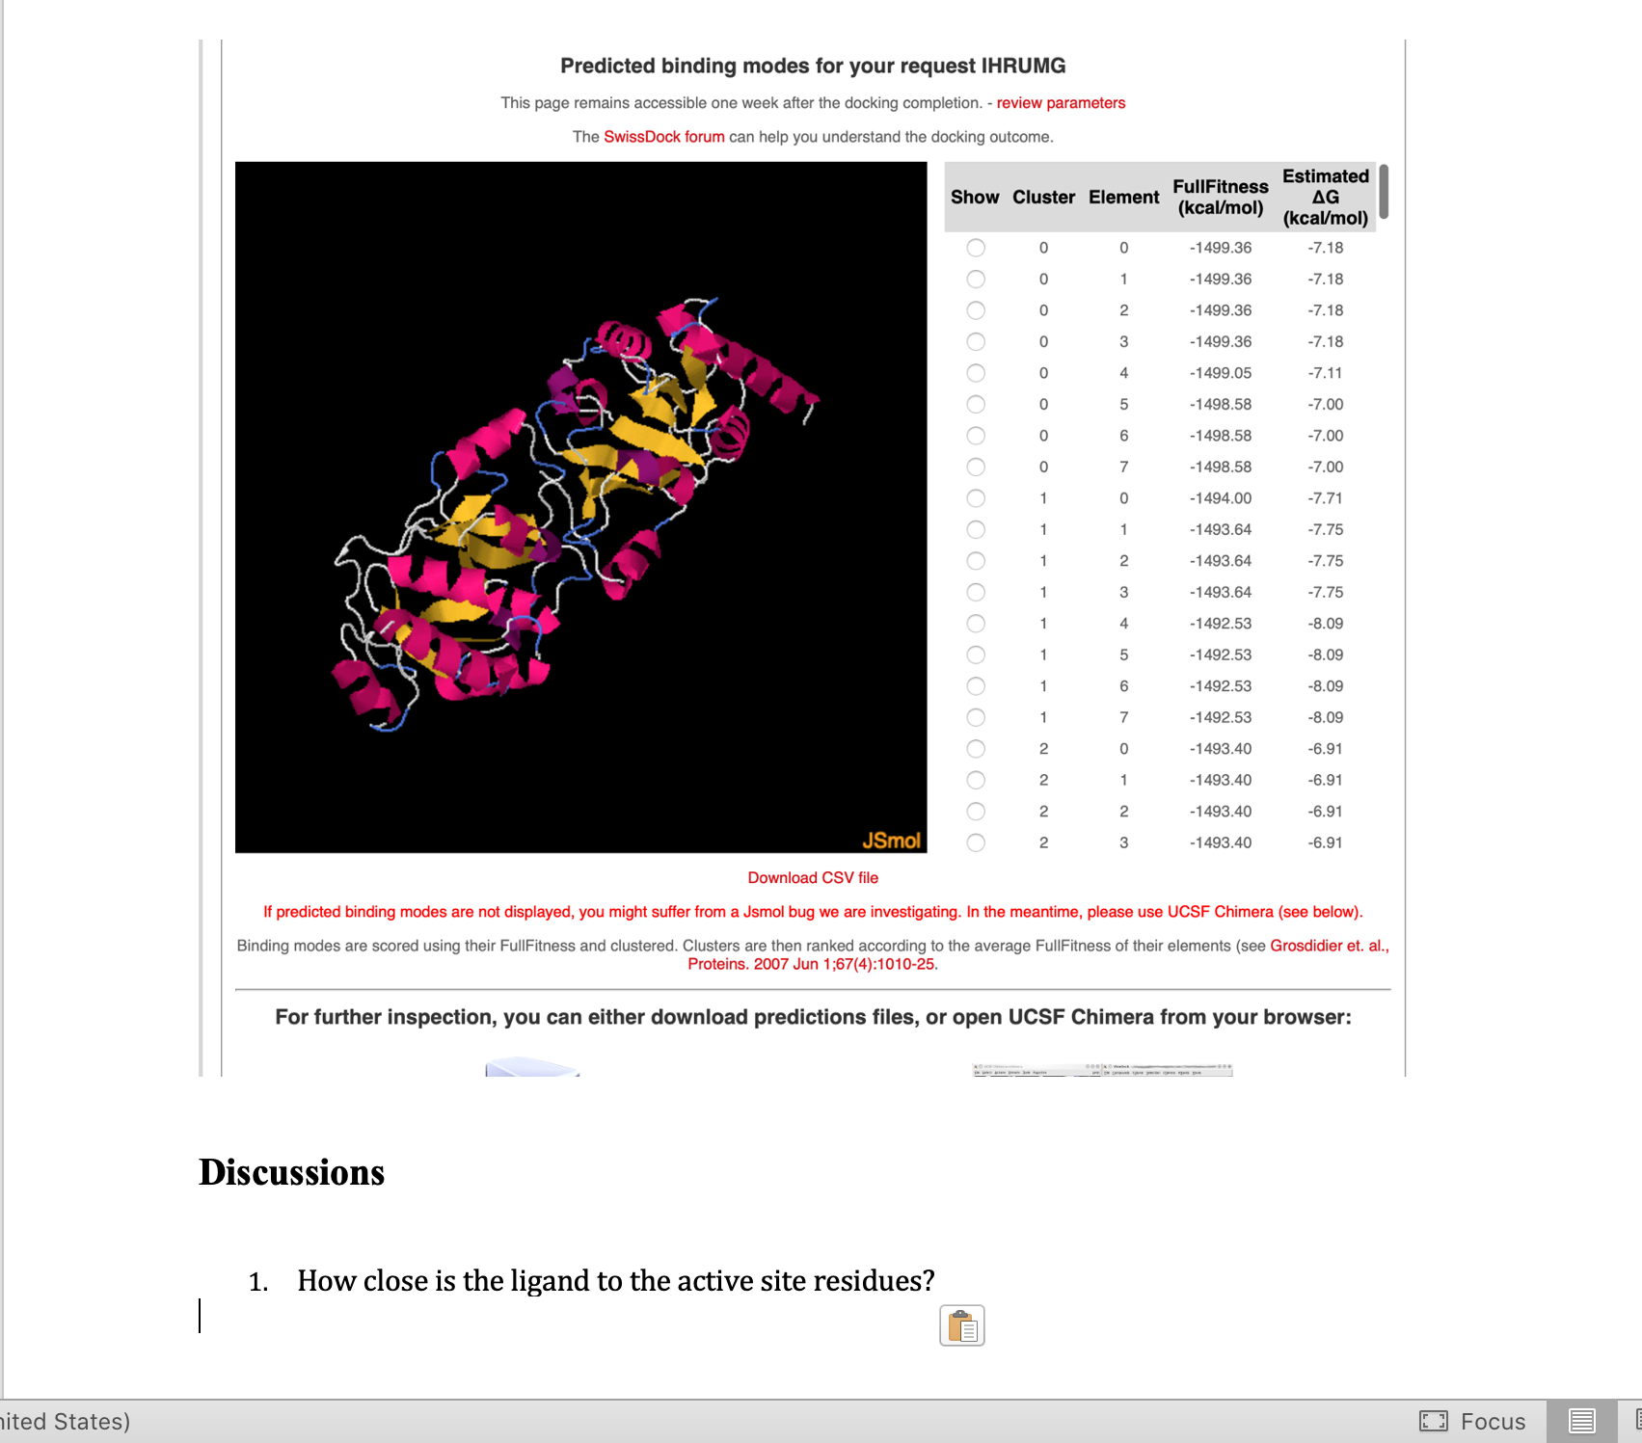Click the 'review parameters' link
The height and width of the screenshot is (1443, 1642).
click(x=1061, y=103)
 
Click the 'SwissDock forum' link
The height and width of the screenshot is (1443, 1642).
click(x=663, y=137)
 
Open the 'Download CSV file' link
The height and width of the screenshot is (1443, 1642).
click(x=813, y=878)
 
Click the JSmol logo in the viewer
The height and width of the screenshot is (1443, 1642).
click(x=891, y=841)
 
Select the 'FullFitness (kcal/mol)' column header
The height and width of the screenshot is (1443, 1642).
click(x=1220, y=198)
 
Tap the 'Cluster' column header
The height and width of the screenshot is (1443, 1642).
click(x=1043, y=198)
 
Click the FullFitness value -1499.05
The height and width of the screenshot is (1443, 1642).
click(x=1220, y=373)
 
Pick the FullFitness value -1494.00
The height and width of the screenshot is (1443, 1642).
click(x=1220, y=498)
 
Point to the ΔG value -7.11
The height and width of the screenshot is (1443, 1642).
click(x=1325, y=373)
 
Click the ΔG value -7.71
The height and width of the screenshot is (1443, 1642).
click(x=1325, y=498)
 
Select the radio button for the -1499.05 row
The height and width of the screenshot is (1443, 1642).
click(x=976, y=373)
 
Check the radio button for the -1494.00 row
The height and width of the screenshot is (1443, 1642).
click(x=976, y=498)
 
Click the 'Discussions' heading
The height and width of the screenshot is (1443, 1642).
click(x=291, y=1172)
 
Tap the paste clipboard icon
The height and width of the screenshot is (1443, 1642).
click(x=962, y=1326)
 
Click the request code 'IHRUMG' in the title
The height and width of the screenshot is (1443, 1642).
click(x=1023, y=67)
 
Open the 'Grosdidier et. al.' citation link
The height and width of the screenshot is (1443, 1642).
click(x=1329, y=947)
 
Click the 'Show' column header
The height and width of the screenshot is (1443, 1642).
click(x=975, y=198)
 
